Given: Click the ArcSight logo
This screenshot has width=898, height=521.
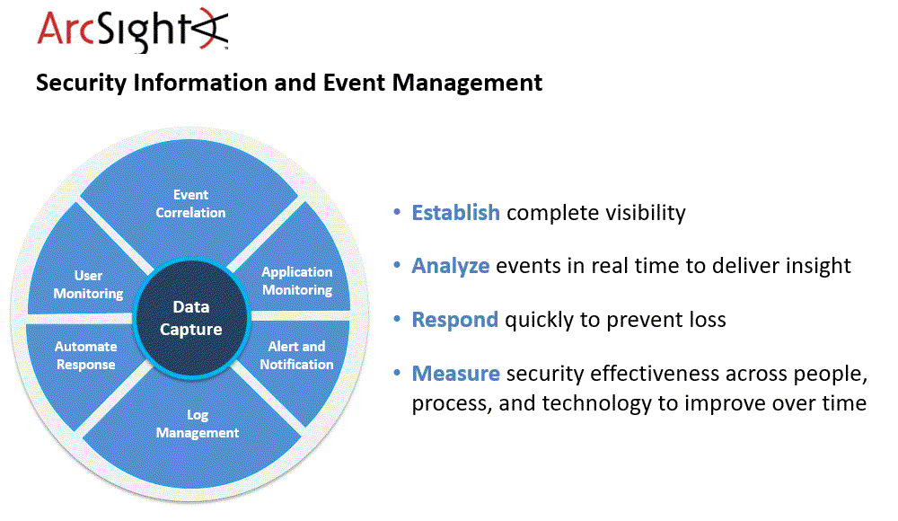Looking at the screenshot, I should [x=132, y=30].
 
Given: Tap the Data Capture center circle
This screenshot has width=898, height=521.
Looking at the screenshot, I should [x=190, y=319].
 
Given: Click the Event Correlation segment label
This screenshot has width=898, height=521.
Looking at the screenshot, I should [x=190, y=204].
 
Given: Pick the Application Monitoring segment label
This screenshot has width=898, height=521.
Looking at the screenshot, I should [x=297, y=281].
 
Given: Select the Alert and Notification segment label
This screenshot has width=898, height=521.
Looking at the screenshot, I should [x=297, y=356].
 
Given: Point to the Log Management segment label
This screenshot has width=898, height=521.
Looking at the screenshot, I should [x=198, y=424].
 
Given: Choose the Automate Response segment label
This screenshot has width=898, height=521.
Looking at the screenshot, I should [x=85, y=356].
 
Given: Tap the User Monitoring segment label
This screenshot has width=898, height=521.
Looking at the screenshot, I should [x=88, y=285].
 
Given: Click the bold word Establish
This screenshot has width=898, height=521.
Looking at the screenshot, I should [x=455, y=213].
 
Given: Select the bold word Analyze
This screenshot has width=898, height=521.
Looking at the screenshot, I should [x=450, y=266].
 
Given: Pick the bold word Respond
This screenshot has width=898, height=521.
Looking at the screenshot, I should [x=454, y=320].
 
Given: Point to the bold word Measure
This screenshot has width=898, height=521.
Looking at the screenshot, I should [x=455, y=374].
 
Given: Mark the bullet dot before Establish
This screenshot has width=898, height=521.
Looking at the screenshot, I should [x=398, y=213].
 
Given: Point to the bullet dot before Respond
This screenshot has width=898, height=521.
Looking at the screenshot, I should [x=398, y=320].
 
